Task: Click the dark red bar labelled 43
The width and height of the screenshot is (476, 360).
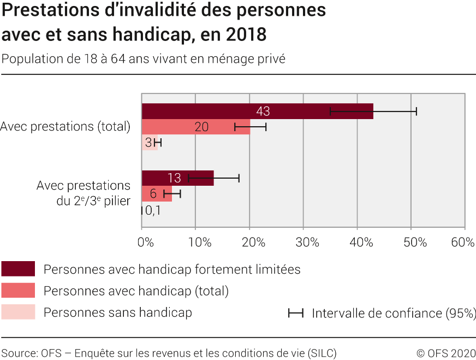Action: (257, 111)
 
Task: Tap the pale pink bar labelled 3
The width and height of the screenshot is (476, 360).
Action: (149, 143)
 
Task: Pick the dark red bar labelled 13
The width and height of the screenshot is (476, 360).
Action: (177, 178)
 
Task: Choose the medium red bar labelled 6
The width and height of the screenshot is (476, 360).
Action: (157, 193)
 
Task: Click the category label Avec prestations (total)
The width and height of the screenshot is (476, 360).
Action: (66, 127)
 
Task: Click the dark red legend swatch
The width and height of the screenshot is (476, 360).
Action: (18, 269)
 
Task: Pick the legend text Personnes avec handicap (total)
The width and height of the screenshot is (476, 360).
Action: (136, 291)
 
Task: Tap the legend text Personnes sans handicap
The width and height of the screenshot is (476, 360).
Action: (117, 312)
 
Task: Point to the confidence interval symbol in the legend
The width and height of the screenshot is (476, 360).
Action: (296, 313)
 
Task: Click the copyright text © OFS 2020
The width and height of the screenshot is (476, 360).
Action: (445, 353)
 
